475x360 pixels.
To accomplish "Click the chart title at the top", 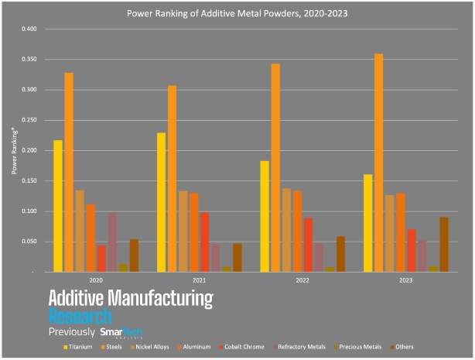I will click(237, 13).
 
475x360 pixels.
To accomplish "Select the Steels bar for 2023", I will click(379, 163).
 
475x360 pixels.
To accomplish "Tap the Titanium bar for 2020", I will click(58, 206).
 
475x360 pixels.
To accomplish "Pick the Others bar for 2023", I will click(444, 245).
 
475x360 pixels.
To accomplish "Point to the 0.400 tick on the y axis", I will click(28, 29).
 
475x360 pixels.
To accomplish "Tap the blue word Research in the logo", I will click(80, 316).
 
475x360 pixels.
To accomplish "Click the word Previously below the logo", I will click(72, 332).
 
